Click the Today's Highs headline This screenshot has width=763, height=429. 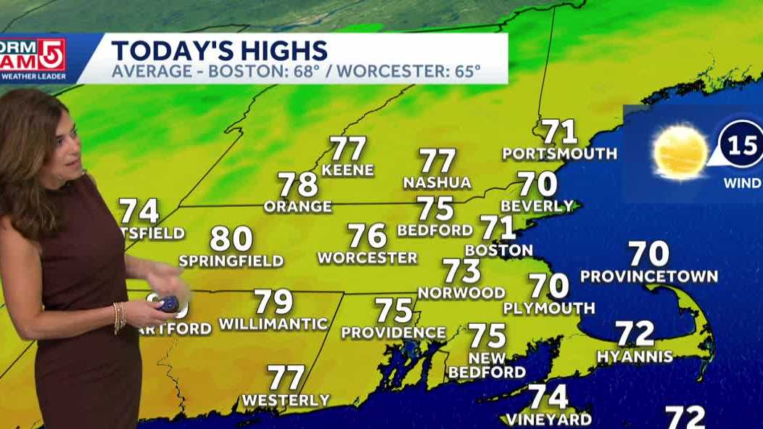tap(219, 51)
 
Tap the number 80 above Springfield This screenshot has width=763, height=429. tap(231, 239)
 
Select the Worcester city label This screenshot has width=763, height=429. tap(367, 258)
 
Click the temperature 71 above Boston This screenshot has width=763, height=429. tap(498, 228)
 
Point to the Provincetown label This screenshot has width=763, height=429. tap(648, 277)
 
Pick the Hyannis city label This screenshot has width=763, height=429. tap(635, 356)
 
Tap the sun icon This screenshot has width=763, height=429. tap(680, 152)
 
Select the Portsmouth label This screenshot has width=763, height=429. tap(560, 154)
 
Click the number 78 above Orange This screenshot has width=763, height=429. tap(298, 184)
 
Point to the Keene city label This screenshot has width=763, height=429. tap(347, 171)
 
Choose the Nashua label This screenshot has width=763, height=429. tap(437, 182)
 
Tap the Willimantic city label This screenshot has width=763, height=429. tap(273, 324)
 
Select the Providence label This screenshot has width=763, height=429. tap(394, 332)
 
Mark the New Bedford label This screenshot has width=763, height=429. tap(487, 364)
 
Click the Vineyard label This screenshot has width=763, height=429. tap(548, 420)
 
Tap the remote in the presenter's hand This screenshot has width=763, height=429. tap(169, 303)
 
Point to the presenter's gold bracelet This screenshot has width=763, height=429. tap(118, 316)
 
